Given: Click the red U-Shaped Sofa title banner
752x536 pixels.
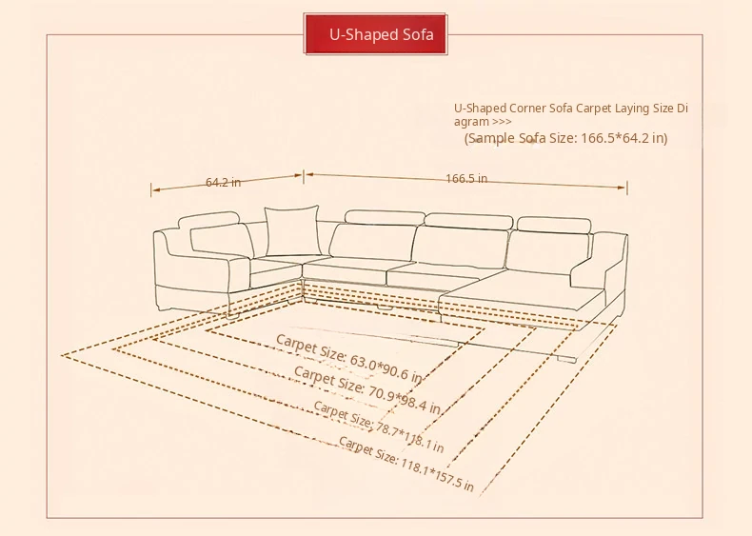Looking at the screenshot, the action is pyautogui.click(x=375, y=34).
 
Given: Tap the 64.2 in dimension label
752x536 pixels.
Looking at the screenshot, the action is pyautogui.click(x=223, y=183).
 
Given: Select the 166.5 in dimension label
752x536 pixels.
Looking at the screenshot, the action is pyautogui.click(x=466, y=178).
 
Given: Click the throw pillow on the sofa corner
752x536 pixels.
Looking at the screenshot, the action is pyautogui.click(x=292, y=230).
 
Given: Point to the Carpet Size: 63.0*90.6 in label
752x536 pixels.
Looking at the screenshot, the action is pyautogui.click(x=349, y=358).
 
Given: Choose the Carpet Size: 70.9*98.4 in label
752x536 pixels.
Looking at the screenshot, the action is pyautogui.click(x=366, y=389).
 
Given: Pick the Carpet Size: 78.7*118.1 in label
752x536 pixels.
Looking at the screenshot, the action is pyautogui.click(x=379, y=427).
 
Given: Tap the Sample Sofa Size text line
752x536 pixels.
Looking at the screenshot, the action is pyautogui.click(x=566, y=138).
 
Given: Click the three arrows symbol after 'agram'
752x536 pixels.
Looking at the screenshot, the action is pyautogui.click(x=502, y=122).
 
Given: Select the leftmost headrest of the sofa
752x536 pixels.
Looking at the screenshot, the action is pyautogui.click(x=208, y=219).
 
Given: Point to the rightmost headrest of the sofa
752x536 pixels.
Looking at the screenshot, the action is pyautogui.click(x=554, y=225).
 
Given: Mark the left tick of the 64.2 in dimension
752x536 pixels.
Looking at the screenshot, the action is pyautogui.click(x=151, y=190).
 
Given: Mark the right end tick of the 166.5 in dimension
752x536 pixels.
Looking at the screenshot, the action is pyautogui.click(x=627, y=189).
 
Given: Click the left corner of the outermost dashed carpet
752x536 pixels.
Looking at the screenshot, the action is pyautogui.click(x=62, y=355).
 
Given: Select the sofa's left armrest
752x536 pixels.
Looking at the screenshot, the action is pyautogui.click(x=202, y=271).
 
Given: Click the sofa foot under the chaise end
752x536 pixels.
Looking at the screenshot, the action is pyautogui.click(x=566, y=359).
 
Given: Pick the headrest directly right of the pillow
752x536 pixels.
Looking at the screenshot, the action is pyautogui.click(x=385, y=217).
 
